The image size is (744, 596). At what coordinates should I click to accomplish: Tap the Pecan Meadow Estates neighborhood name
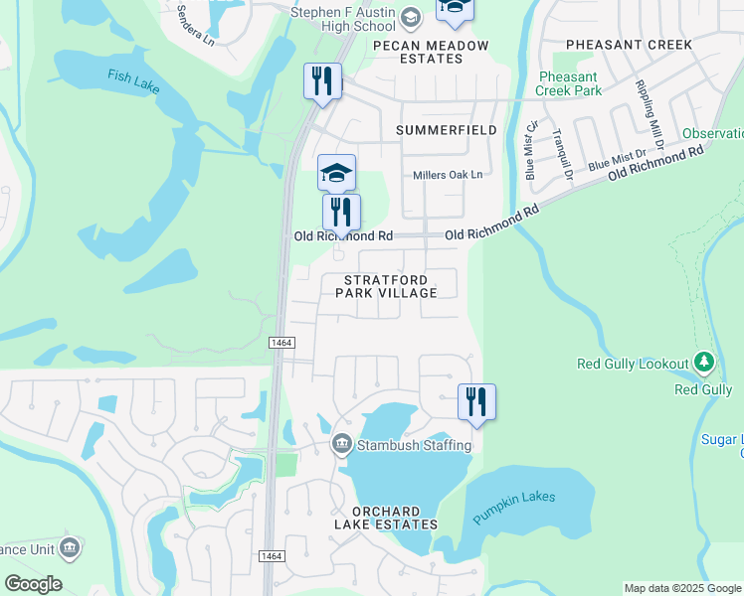[x=431, y=52]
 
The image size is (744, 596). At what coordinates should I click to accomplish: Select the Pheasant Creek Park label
[x=568, y=83]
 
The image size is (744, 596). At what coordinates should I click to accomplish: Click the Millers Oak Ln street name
[x=448, y=175]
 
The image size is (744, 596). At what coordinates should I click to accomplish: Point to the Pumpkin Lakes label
[x=514, y=508]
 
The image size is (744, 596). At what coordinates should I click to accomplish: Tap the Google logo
[x=33, y=584]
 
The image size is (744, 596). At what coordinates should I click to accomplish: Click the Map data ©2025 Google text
[x=682, y=588]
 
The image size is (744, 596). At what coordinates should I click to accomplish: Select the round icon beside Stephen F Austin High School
[x=410, y=17]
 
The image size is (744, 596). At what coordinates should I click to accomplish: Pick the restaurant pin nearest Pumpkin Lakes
[x=476, y=401]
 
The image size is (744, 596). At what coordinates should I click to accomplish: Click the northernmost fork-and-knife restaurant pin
[x=322, y=80]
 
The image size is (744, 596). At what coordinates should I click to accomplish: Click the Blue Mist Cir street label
[x=531, y=149]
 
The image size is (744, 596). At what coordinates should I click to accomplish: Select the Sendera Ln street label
[x=194, y=28]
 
